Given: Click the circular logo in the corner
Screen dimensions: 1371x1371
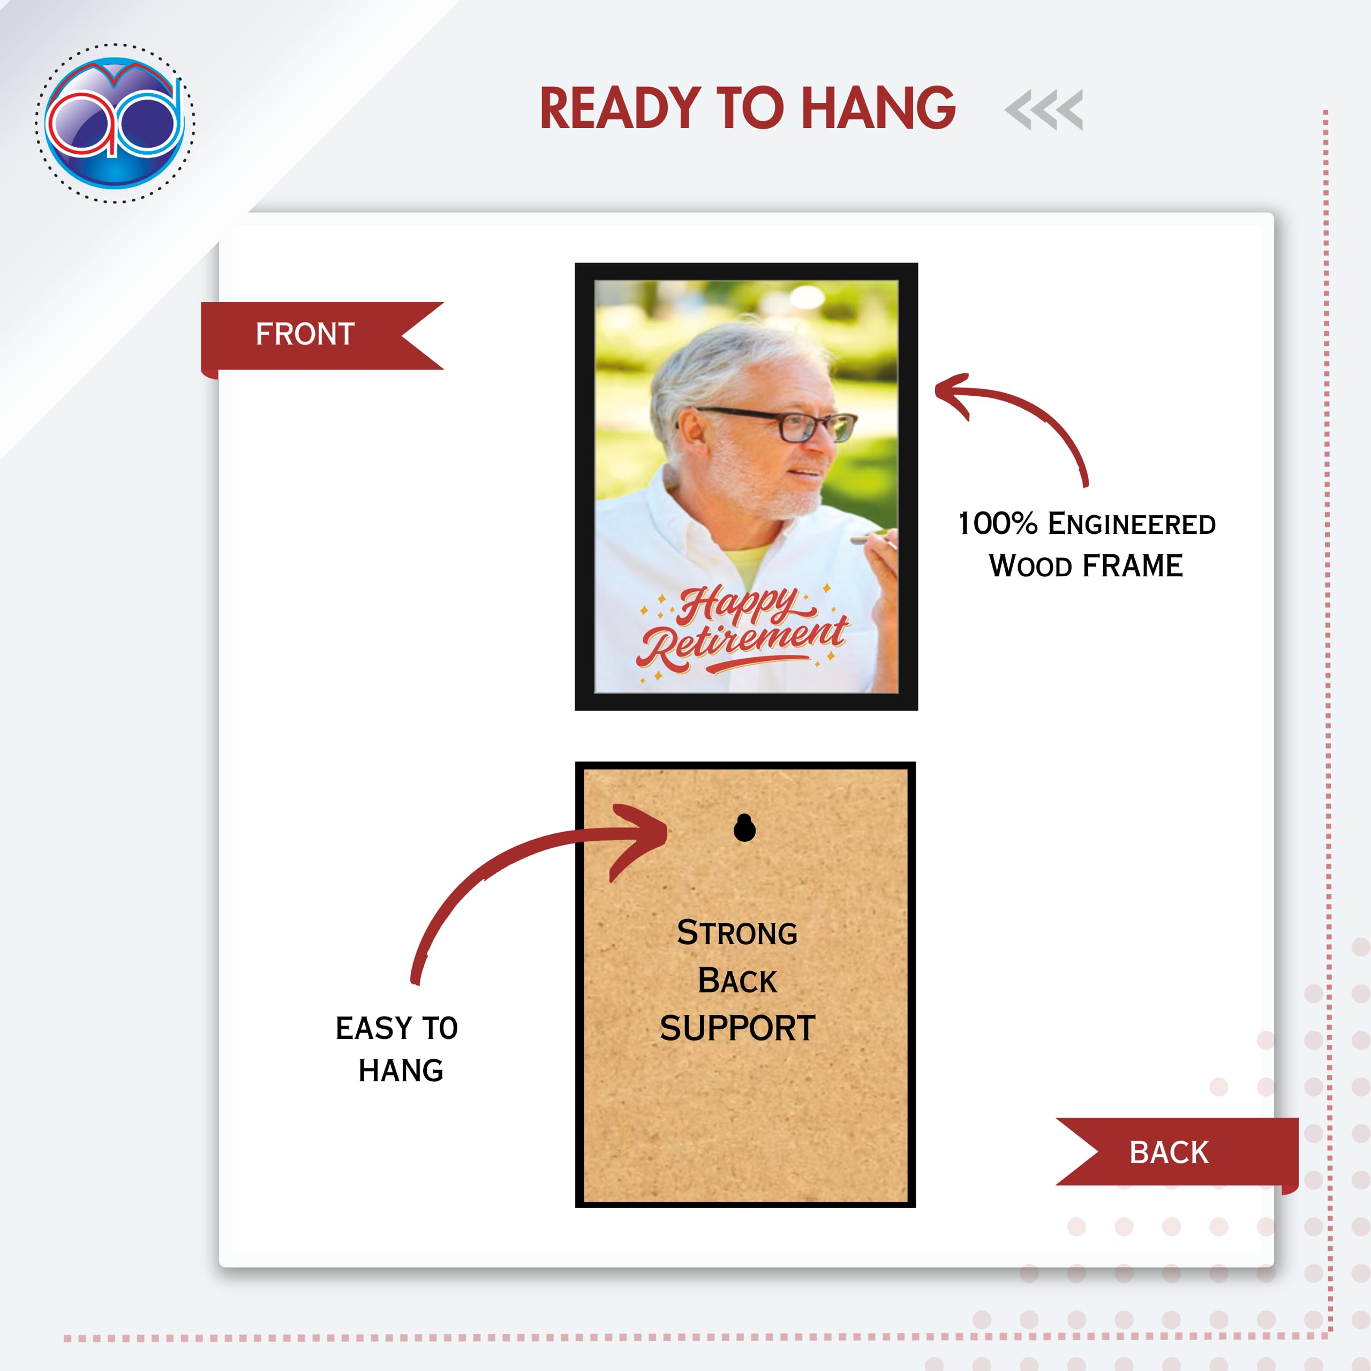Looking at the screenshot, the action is pos(115,123).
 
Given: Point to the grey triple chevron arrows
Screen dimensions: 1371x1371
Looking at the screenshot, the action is pos(1043,110).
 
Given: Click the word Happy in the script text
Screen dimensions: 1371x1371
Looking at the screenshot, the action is pos(738,605).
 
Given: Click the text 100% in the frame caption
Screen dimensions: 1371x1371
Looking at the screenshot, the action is pos(998,524).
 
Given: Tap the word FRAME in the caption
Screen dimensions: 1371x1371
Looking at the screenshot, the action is pos(1133,566).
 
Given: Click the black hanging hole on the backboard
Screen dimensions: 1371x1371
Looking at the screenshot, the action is pos(744,827).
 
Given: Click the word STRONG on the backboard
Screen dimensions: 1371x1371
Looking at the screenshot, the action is pos(737,932).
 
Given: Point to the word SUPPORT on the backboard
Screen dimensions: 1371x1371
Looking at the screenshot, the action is pos(737,1028).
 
